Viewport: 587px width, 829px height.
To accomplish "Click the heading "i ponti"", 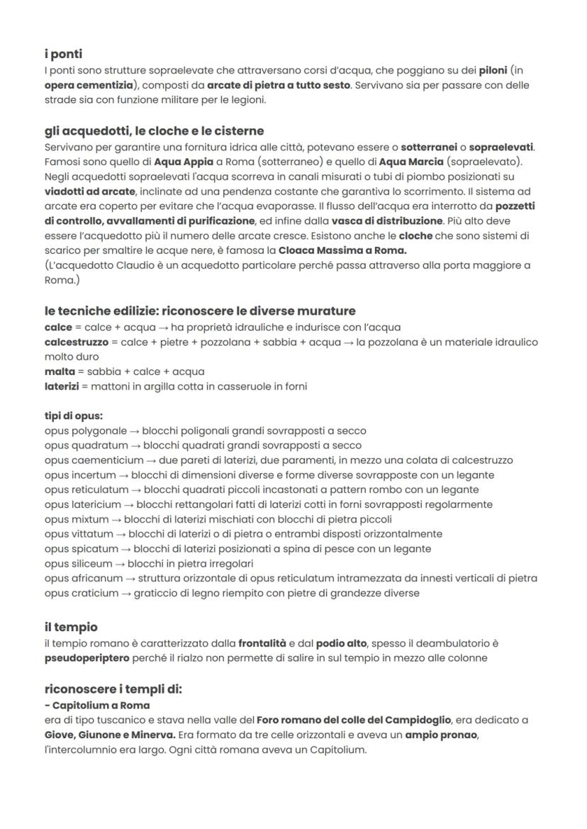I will coord(65,55).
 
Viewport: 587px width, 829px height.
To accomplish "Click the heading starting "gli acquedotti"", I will coord(154,130).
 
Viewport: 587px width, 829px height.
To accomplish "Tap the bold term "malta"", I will coord(59,372).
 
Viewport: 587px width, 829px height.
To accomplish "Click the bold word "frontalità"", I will coord(262,643).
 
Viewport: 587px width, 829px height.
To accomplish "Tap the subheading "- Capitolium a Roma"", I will coord(96,706).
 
